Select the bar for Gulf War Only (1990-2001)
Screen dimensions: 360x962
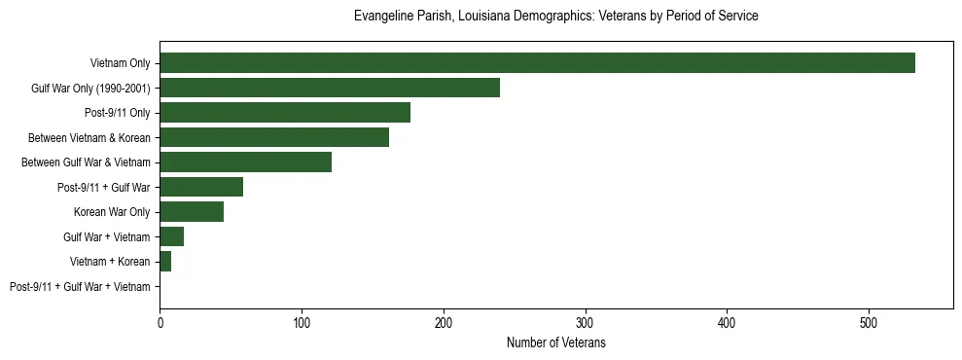tap(330, 88)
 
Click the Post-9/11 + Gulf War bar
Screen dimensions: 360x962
tap(201, 187)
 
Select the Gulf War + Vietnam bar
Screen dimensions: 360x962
tap(172, 236)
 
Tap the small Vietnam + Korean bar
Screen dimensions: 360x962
tap(165, 262)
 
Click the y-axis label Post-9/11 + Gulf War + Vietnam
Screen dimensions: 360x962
tap(80, 287)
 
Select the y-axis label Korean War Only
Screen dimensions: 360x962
tap(112, 212)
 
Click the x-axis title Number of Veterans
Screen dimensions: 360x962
tap(555, 342)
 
